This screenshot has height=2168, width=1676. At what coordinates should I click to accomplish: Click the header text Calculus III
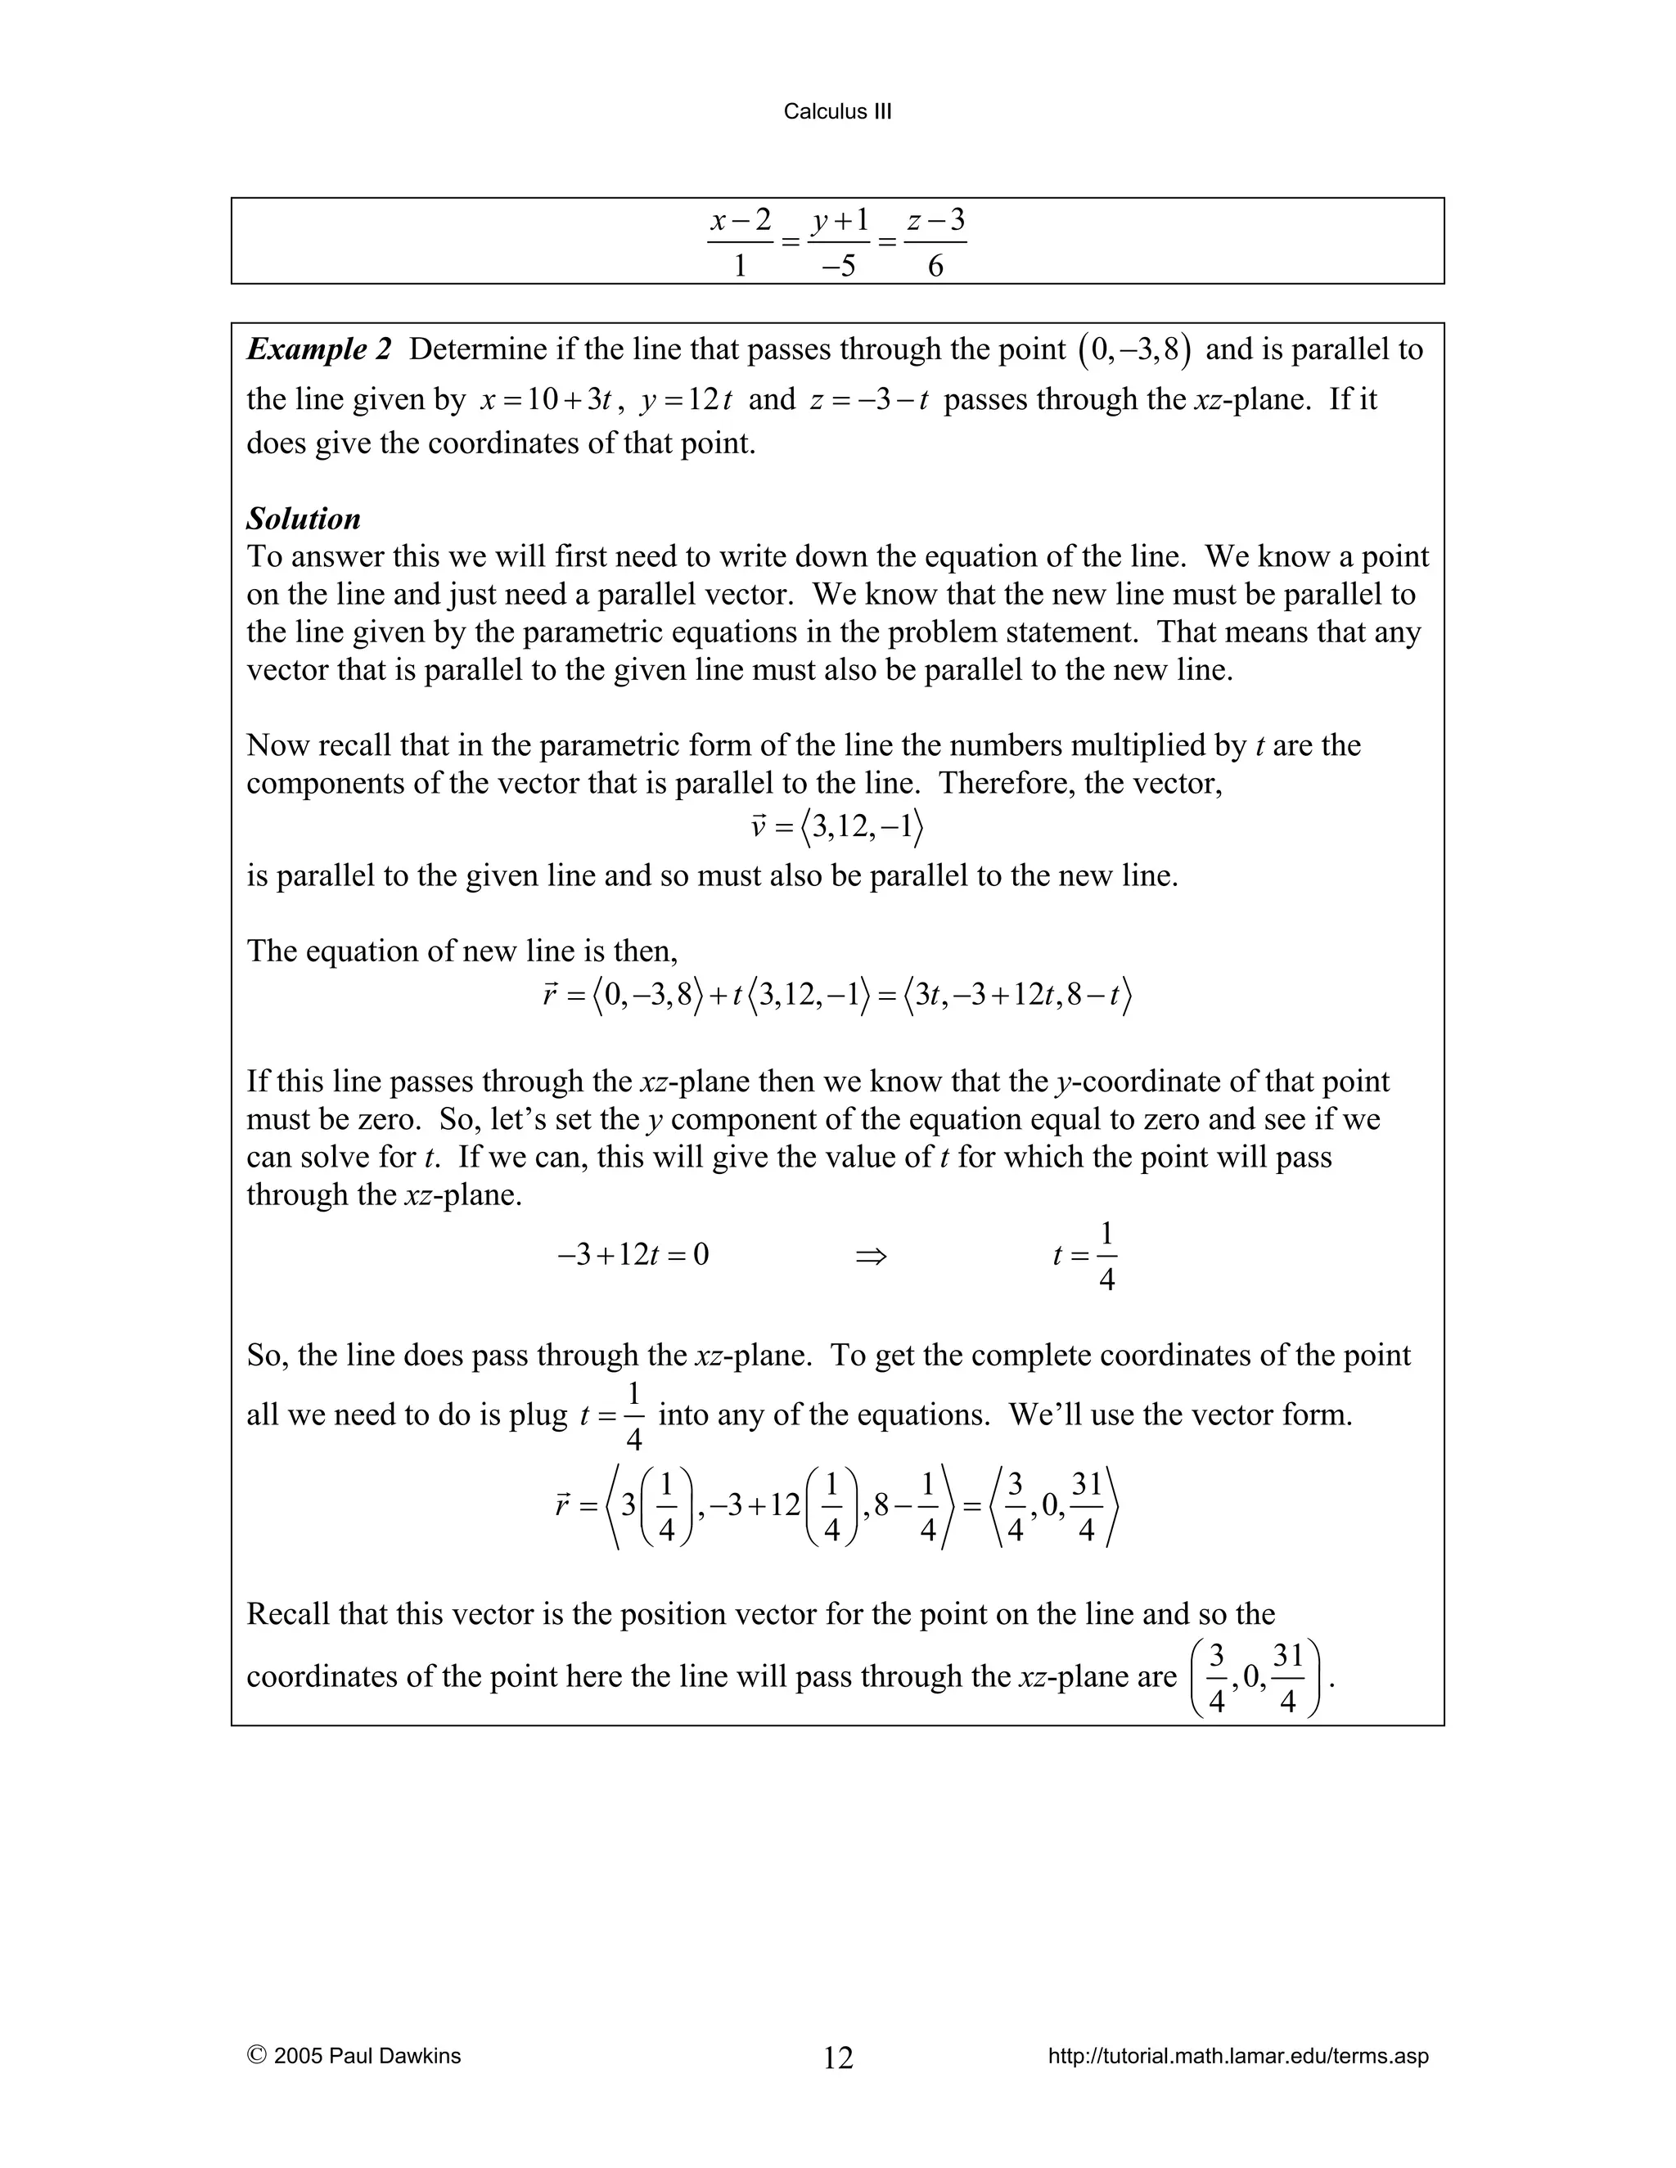point(837,112)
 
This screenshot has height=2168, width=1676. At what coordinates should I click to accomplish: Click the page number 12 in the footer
point(838,2058)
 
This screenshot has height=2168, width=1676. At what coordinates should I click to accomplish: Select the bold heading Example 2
point(318,349)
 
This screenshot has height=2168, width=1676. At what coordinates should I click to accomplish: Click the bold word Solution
point(303,520)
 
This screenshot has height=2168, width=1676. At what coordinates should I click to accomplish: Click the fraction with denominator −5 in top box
point(839,242)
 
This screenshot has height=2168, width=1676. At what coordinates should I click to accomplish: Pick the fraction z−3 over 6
point(935,242)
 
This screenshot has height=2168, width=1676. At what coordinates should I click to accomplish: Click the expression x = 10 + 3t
point(546,400)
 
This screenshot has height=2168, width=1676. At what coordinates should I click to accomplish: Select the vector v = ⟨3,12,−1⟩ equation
point(837,827)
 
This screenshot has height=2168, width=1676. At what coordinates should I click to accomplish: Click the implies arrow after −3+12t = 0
point(870,1257)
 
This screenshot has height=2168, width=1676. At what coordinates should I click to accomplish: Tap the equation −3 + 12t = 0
point(633,1257)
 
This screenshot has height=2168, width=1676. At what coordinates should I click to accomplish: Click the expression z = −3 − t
point(869,400)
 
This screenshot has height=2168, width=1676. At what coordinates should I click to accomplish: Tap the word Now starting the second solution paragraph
point(270,745)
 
